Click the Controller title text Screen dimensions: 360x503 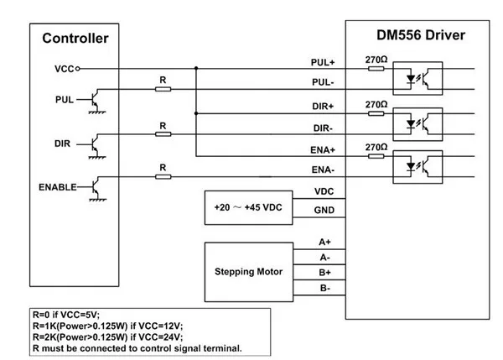(75, 38)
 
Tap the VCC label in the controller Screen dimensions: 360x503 (64, 68)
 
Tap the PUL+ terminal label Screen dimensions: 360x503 (323, 62)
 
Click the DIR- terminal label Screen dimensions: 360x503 (323, 128)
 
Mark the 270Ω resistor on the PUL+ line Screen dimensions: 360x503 (376, 69)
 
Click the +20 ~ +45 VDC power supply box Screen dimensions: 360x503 (246, 206)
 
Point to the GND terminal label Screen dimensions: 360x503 (324, 210)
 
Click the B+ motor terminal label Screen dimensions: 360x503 (324, 273)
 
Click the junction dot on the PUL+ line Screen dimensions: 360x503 (196, 68)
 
